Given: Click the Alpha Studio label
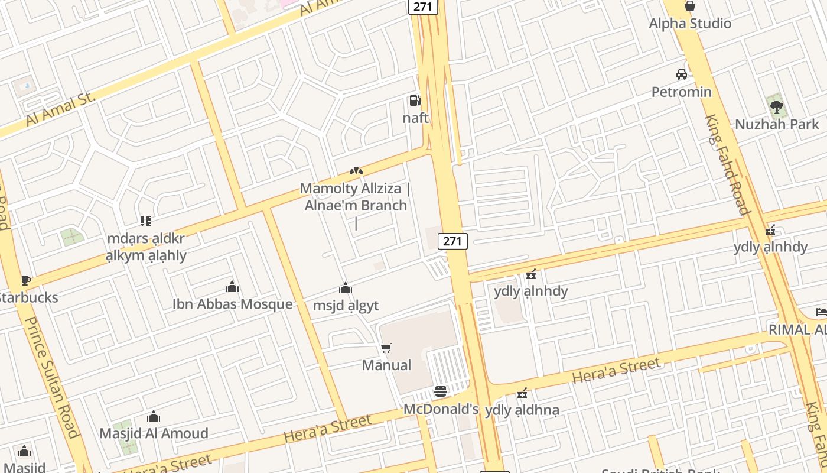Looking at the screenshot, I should tap(690, 24).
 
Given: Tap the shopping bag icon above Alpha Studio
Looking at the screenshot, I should tap(689, 7).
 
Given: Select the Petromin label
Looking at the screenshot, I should tap(681, 92).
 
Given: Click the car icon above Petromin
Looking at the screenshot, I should tap(681, 74).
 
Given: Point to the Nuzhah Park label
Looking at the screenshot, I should tap(776, 124).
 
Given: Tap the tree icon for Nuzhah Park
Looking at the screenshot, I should tap(777, 107).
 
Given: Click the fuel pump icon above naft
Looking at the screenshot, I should tap(415, 101).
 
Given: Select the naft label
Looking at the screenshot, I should tap(415, 118).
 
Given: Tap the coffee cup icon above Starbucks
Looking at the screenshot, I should tap(25, 280).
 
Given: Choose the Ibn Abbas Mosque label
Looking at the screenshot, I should tap(232, 304).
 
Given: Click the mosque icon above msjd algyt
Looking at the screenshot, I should tap(346, 289).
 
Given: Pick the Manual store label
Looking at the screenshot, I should tap(386, 365).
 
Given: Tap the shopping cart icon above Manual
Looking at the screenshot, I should tap(386, 348).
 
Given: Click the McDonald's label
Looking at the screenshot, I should tap(441, 409).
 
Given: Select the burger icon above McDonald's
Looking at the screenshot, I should tap(441, 391).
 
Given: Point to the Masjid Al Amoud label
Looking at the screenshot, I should tap(154, 433).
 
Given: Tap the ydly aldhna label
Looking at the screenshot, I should tap(522, 410).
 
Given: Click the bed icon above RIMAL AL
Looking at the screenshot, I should tap(821, 312).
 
